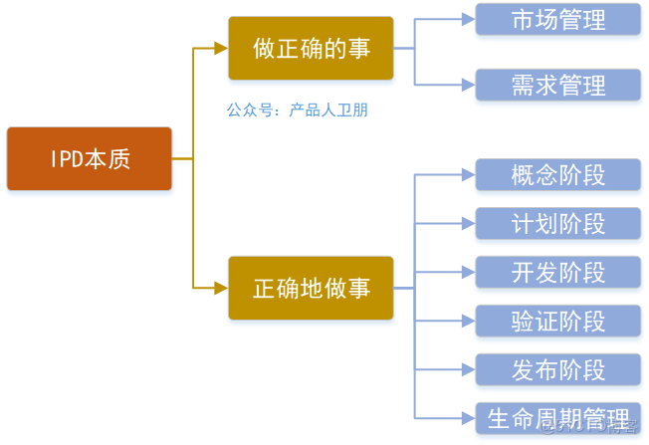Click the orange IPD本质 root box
(90, 158)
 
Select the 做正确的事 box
(311, 48)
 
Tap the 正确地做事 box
(311, 288)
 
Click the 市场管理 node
(557, 19)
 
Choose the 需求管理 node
(557, 85)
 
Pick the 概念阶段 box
(557, 174)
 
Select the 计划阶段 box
(557, 223)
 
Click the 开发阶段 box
(557, 272)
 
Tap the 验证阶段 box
(557, 321)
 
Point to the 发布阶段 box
(557, 369)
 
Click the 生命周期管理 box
(557, 417)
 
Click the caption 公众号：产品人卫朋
(297, 111)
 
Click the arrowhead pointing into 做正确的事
(221, 48)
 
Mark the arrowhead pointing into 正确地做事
(221, 288)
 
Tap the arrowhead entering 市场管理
(468, 19)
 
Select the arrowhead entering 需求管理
(468, 85)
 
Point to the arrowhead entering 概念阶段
(468, 174)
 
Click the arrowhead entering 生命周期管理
(468, 417)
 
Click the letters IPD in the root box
(68, 159)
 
